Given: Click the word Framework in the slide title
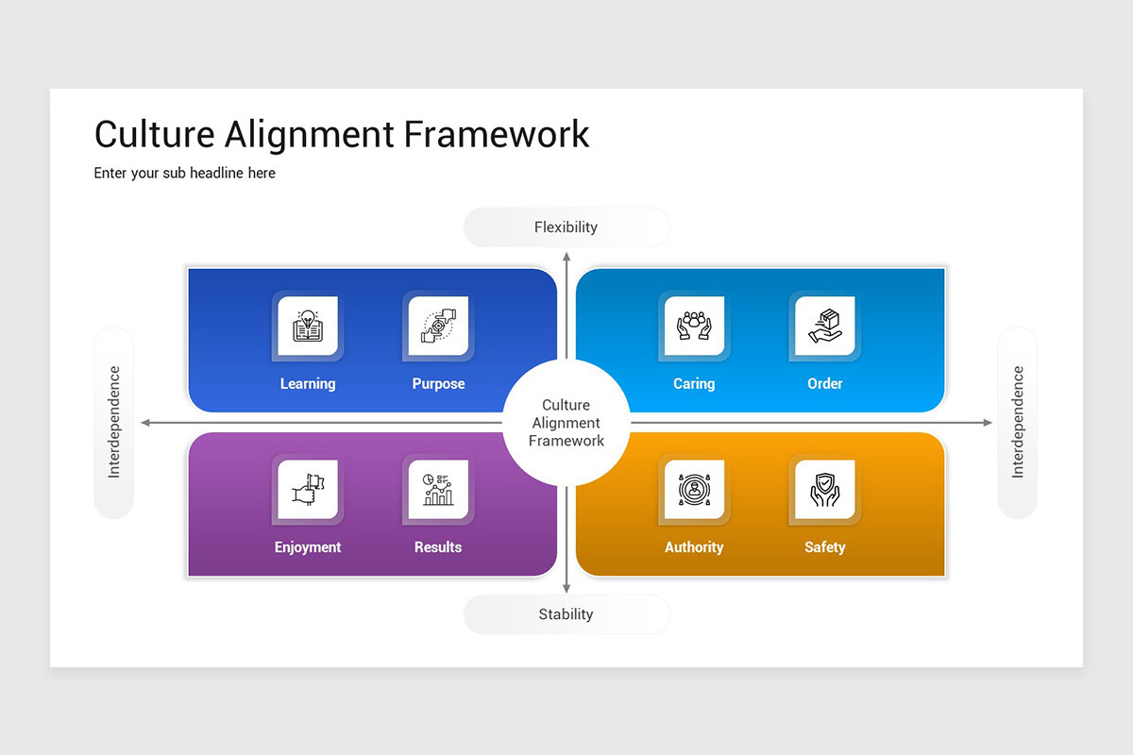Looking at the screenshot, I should pos(497,134).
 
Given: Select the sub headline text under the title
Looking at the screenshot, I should pos(184,173).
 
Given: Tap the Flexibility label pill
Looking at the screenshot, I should pos(566,227).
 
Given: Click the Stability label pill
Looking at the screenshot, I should pos(566,614).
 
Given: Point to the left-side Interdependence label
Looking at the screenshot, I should pos(114,423).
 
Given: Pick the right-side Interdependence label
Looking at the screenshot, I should pos(1018,423).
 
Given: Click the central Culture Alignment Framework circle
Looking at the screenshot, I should pos(566,423).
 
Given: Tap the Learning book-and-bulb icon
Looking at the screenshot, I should pos(308,327).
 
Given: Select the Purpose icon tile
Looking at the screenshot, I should pos(438,327).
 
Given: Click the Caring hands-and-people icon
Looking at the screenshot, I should pos(694,327).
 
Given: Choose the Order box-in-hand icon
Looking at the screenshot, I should pos(824,327).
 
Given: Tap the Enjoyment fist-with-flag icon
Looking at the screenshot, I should pos(308,490).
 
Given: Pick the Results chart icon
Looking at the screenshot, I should pos(438,490).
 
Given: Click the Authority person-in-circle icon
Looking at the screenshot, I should pos(694,490).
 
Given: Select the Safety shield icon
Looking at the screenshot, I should pos(824,490).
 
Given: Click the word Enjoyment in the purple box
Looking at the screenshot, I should pos(308,547).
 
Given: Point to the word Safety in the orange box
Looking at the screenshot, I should pos(824,547).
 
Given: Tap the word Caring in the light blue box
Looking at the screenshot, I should pos(694,384).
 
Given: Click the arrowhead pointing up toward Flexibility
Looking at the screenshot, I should pos(566,257).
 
